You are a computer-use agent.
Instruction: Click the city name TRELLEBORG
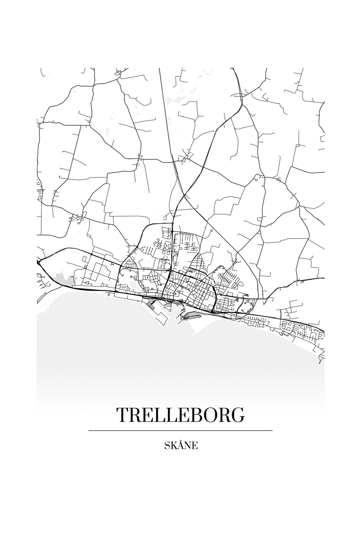click(180, 416)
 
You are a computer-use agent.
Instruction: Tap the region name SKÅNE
click(181, 446)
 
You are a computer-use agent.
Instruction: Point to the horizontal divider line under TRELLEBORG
click(180, 430)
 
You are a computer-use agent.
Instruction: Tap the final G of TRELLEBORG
click(238, 416)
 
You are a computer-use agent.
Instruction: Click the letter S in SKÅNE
click(167, 446)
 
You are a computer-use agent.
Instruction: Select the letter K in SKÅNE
click(174, 446)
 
